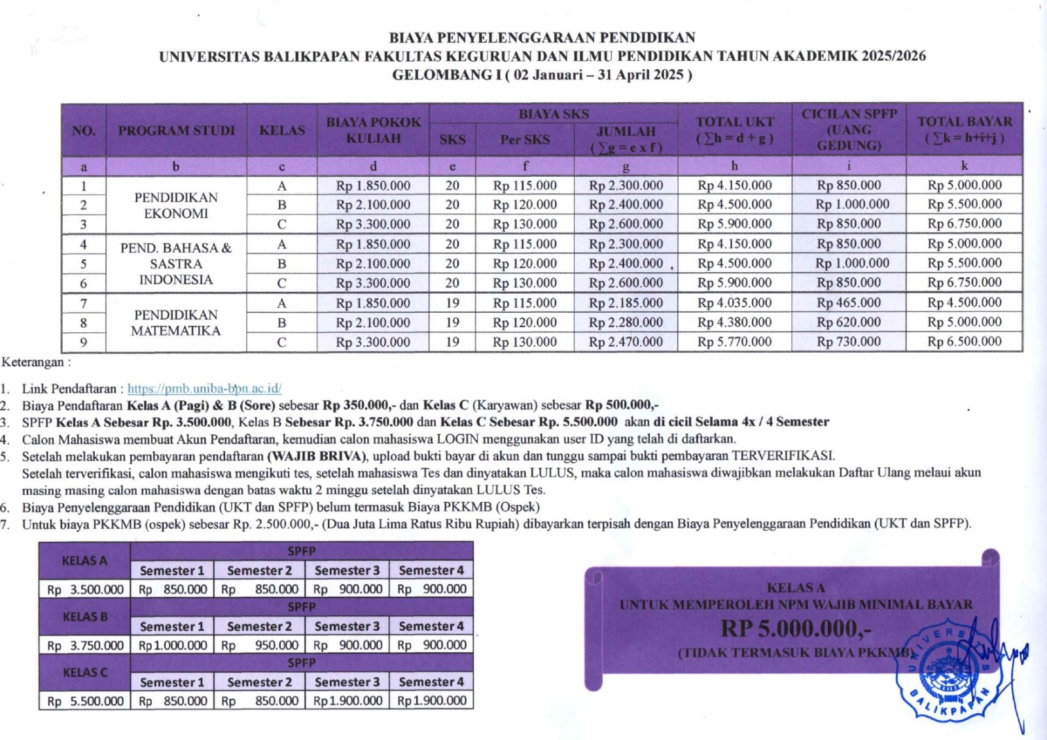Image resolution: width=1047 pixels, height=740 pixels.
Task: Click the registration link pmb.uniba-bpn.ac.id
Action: point(204,389)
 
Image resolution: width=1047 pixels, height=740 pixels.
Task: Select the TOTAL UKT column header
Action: point(734,130)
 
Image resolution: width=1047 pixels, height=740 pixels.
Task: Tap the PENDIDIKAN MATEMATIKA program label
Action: point(175,323)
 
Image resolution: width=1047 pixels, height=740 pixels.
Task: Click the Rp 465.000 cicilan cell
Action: point(849,303)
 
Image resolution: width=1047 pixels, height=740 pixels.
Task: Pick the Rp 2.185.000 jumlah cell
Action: point(626,303)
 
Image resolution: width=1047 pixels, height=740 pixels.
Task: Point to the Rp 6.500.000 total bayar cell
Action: point(964,342)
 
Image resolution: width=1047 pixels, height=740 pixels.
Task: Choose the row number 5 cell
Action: point(84,264)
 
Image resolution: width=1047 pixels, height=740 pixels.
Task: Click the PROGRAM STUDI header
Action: point(176,130)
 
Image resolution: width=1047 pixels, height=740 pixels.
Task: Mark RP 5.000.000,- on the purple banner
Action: point(796,628)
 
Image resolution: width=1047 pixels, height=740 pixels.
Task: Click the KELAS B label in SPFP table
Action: point(85,617)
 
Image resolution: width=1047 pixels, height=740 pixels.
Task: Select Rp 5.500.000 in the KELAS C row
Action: point(85,701)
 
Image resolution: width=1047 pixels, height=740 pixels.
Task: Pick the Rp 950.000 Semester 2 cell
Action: point(260,645)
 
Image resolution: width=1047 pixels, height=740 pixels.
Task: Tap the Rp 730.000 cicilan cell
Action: point(849,342)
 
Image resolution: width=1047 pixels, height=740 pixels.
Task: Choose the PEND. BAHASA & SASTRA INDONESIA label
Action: point(175,264)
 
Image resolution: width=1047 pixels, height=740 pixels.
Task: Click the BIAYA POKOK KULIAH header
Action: point(373,130)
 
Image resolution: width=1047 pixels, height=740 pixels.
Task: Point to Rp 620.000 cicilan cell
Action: point(849,323)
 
